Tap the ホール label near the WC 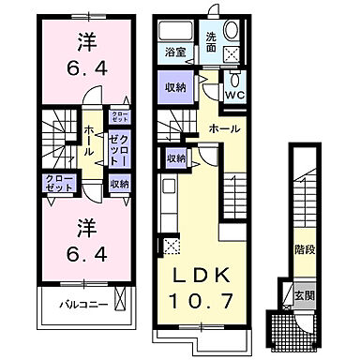click(223, 127)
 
